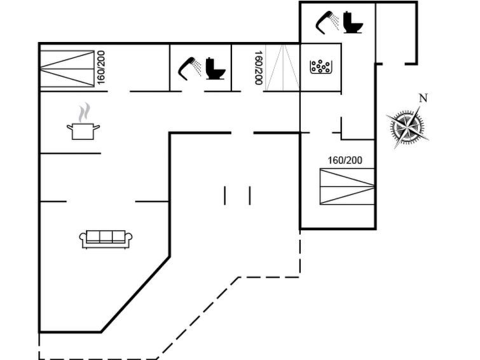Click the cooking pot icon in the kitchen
coord(83,131)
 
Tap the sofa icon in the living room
coord(106,239)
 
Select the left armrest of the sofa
coord(83,239)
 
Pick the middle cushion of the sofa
coord(106,237)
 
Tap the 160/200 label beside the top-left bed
coord(101,67)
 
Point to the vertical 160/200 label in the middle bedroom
coord(259,67)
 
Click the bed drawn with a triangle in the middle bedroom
coord(282,67)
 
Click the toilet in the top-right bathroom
coord(352,22)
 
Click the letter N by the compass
coord(423,97)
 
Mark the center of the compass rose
coord(407,127)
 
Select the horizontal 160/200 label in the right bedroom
coord(345,160)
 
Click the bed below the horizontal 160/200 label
coord(347,186)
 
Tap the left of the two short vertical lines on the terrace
coord(225,195)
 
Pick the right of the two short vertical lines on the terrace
coord(250,195)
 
